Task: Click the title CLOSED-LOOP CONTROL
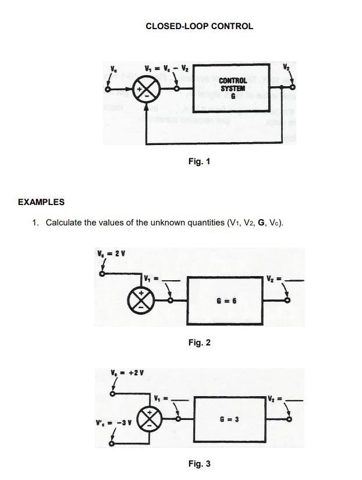click(199, 26)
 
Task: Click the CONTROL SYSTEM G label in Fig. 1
click(233, 89)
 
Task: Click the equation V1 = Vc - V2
click(158, 66)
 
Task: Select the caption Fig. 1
click(199, 161)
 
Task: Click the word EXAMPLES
click(41, 202)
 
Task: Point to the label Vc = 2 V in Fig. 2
click(112, 253)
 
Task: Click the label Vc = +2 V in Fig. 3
click(127, 372)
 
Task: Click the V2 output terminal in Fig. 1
click(292, 87)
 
